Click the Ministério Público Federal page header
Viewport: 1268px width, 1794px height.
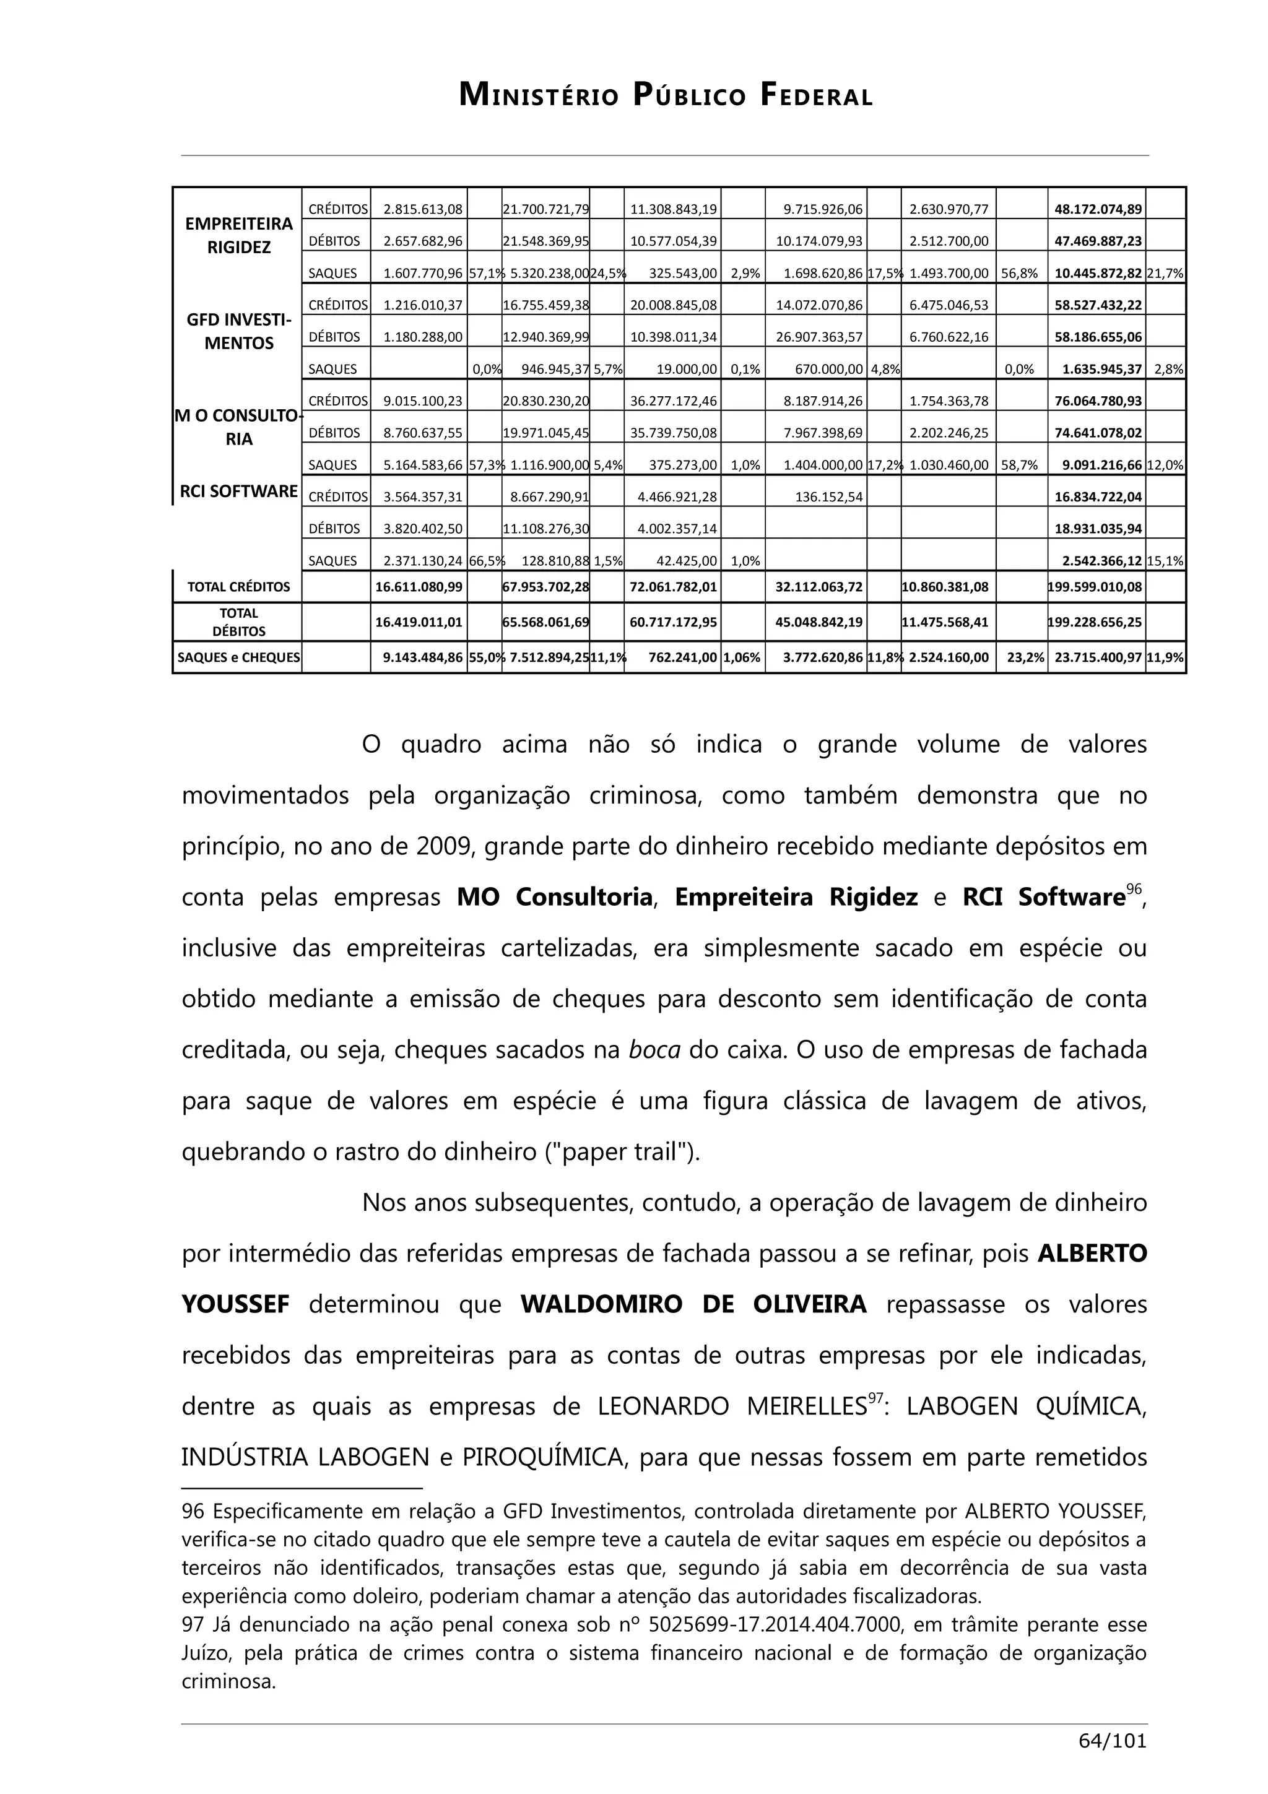click(665, 96)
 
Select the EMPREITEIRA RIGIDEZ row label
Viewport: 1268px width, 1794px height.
click(238, 235)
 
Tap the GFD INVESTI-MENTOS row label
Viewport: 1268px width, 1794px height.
click(238, 331)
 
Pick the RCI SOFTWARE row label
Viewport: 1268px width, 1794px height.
click(238, 491)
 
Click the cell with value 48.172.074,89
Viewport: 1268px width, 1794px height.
click(1098, 209)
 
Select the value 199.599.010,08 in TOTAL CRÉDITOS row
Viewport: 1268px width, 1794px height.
click(1095, 587)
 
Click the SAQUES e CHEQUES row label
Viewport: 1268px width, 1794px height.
click(238, 657)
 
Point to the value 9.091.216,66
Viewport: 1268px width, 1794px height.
click(1101, 465)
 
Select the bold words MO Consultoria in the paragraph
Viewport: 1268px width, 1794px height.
click(554, 897)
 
